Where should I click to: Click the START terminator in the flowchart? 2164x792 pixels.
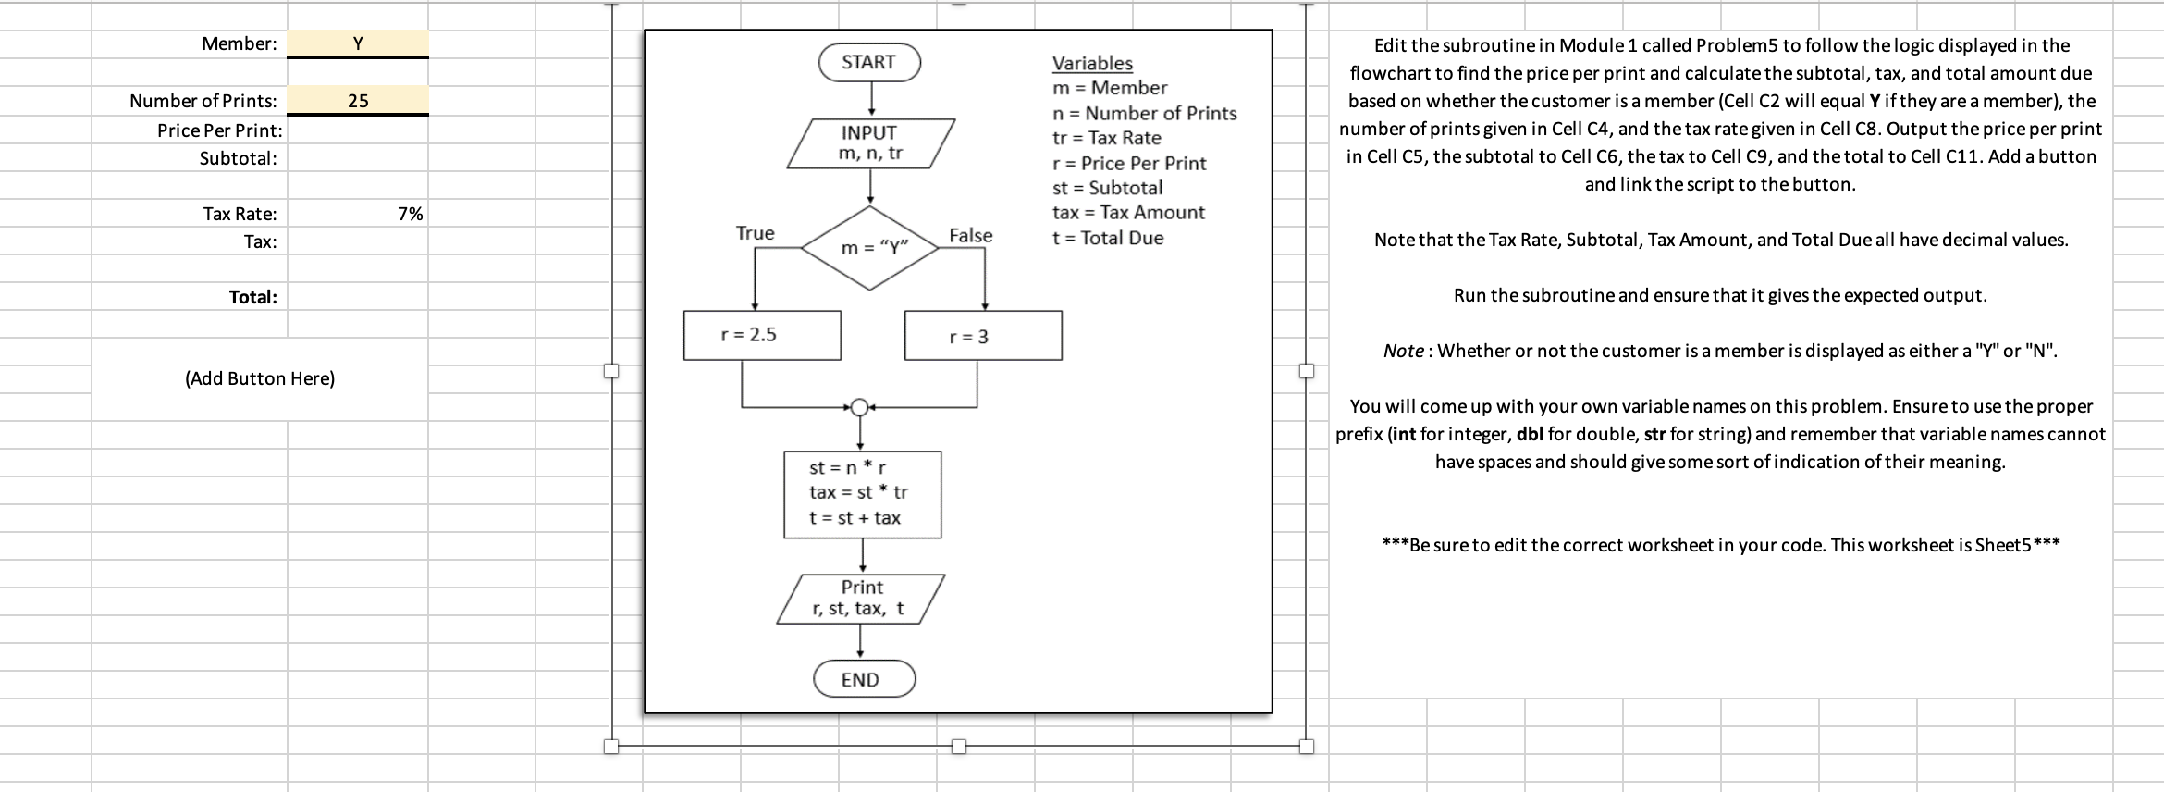869,62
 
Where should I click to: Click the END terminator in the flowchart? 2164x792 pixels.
864,679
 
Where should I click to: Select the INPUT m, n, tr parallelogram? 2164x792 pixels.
869,143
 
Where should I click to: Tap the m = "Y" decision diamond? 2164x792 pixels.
870,247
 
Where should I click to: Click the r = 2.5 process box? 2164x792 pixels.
762,335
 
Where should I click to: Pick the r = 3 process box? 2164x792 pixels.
982,336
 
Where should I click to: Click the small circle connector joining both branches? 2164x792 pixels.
859,407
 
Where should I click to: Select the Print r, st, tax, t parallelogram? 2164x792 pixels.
861,598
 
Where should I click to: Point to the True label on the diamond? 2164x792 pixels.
756,233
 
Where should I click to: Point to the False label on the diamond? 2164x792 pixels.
970,236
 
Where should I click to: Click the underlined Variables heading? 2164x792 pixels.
1092,63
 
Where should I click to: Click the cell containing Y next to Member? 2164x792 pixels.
358,43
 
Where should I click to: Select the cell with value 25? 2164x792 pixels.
358,101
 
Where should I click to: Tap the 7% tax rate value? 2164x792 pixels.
410,214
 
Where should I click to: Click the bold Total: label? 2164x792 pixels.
252,297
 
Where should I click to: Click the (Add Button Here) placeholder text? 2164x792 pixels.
260,378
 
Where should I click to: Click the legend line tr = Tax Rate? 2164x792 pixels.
1107,138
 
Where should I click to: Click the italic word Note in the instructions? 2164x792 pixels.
1403,351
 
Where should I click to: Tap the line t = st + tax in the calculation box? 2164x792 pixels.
855,518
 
